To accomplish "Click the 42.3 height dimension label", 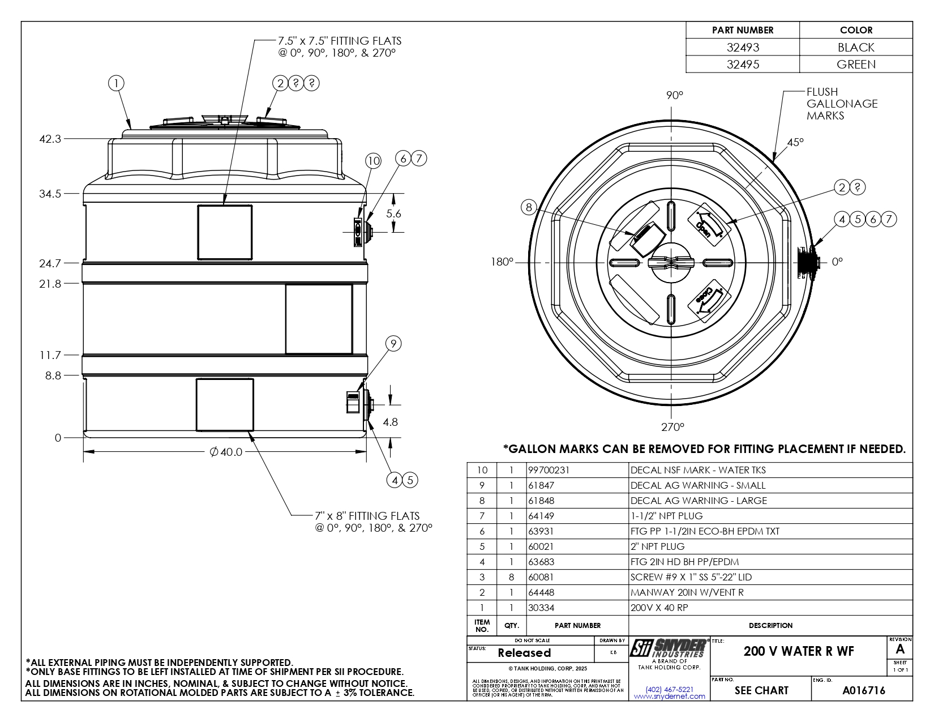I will pos(50,139).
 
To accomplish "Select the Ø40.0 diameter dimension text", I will pos(226,452).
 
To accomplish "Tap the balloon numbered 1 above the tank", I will pos(116,84).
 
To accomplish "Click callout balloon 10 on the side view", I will pos(374,161).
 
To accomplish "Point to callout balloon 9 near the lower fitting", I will pos(393,344).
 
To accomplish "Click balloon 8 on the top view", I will pos(529,208).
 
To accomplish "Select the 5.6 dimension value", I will pos(393,213).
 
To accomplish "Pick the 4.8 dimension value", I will pos(391,422).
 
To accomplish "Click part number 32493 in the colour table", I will pos(743,48).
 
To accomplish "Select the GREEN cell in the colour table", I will pos(856,65).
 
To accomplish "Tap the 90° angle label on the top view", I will pos(675,95).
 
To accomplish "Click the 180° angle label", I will pos(502,262).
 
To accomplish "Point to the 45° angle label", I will pos(795,142).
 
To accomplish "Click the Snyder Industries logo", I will pos(669,649).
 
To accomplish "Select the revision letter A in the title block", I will pos(900,650).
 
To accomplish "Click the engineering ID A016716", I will pos(864,690).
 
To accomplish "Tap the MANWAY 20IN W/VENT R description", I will pos(687,592).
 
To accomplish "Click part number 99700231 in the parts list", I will pos(549,470).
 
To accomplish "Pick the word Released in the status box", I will pos(524,653).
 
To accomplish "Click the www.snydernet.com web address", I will pos(670,697).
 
